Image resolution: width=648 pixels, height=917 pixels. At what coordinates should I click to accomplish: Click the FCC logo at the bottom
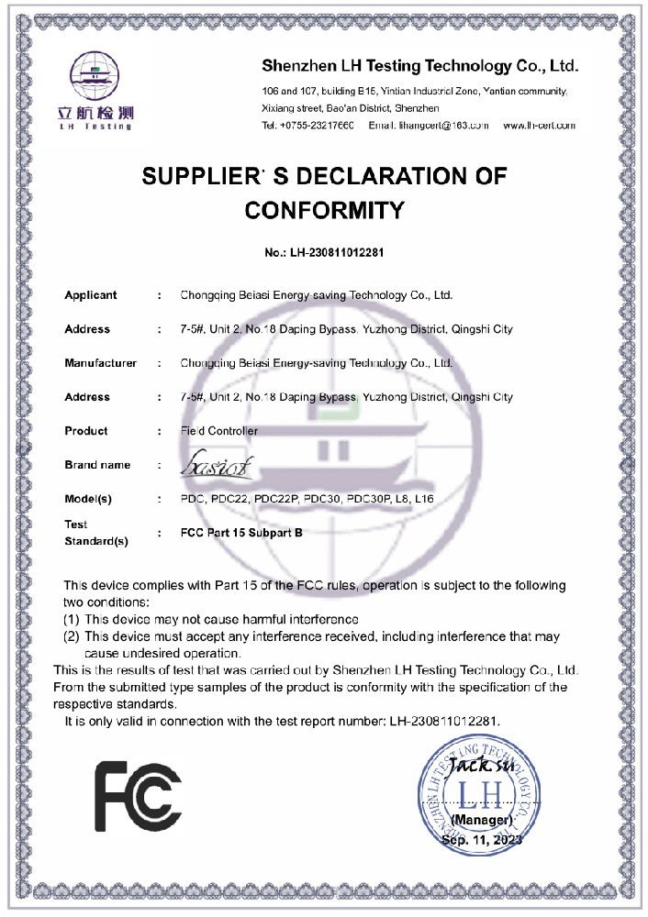(138, 795)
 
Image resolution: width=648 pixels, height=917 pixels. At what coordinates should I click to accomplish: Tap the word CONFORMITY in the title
(324, 211)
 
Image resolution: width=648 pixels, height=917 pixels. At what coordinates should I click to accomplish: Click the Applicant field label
(91, 295)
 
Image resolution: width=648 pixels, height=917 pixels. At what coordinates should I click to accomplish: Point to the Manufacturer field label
(100, 363)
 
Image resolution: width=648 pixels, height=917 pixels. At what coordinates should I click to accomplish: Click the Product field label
(86, 431)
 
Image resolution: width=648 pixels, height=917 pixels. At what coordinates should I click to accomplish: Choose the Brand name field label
(97, 465)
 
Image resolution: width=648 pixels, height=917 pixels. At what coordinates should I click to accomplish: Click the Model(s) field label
(88, 499)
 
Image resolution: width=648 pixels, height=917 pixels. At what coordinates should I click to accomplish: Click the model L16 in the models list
(424, 499)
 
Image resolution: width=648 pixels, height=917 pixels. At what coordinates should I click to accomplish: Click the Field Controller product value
(219, 431)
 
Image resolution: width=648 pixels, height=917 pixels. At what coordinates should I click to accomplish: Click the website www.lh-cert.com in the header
(539, 125)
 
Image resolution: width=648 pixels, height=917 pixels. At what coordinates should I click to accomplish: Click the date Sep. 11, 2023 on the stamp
(482, 839)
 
